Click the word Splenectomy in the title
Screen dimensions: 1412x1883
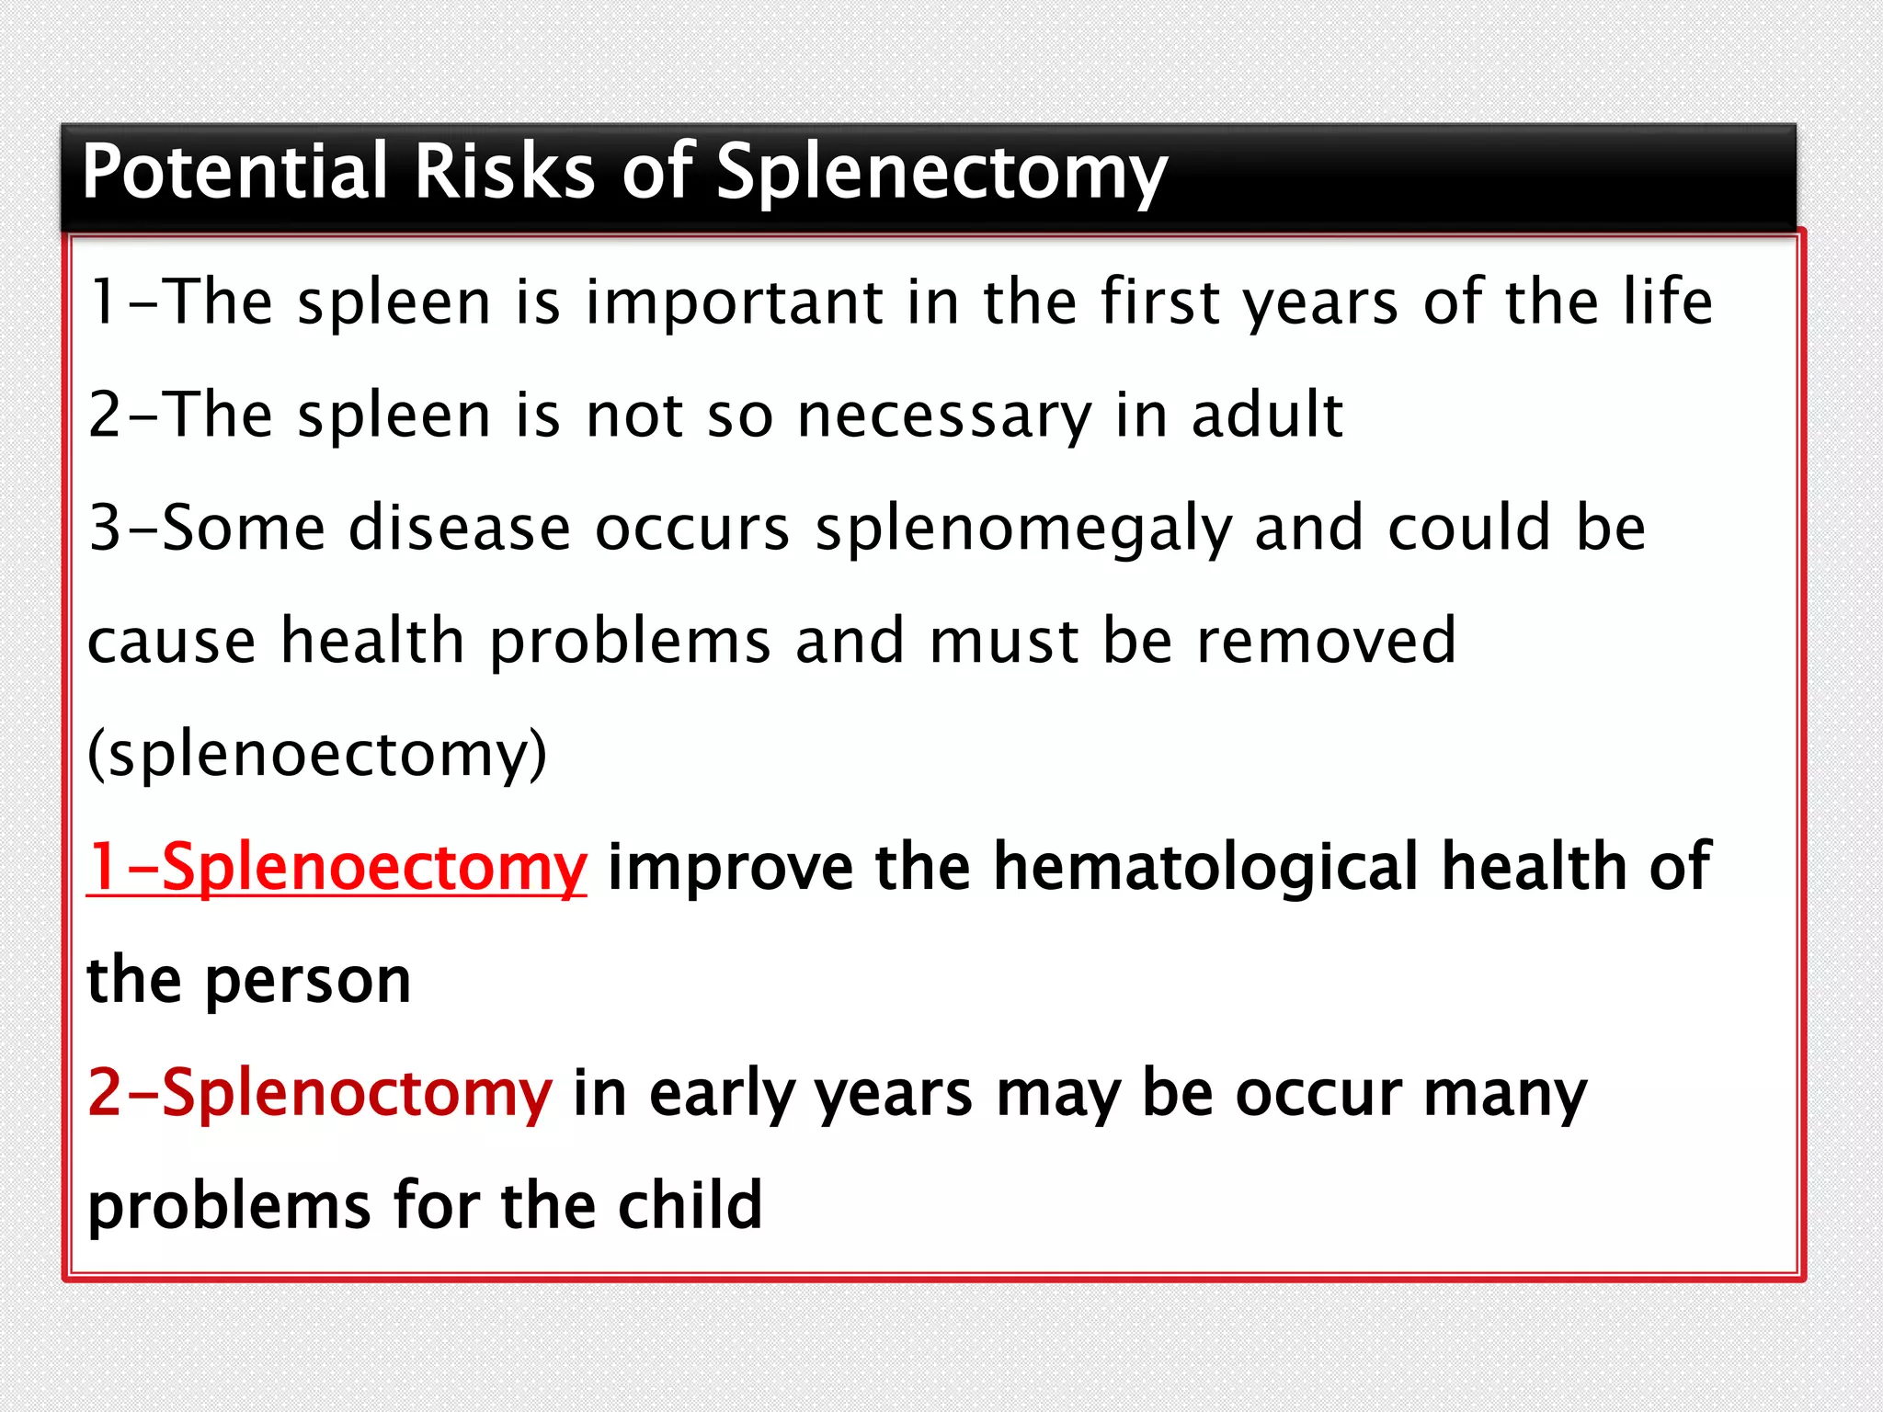(x=941, y=173)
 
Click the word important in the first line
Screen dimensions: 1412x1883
(x=736, y=303)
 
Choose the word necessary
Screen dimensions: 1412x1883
(x=944, y=416)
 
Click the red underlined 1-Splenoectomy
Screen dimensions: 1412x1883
(x=337, y=868)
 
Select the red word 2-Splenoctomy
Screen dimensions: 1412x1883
(x=320, y=1094)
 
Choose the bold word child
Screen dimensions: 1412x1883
(x=690, y=1205)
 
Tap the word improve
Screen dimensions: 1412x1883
(x=730, y=868)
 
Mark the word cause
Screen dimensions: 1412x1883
(x=172, y=642)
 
